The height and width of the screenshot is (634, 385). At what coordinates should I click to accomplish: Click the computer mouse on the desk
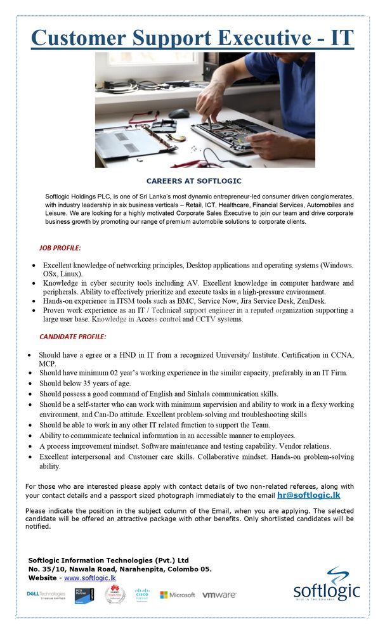(179, 113)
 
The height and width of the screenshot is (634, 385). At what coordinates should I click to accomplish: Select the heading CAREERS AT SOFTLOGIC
(194, 181)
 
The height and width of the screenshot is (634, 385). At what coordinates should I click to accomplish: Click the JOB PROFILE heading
(60, 247)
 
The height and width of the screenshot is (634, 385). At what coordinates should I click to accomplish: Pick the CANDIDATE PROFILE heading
(73, 337)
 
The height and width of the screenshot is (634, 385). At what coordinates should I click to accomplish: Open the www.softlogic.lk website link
(89, 578)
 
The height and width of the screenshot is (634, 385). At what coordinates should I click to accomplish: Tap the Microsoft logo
(178, 595)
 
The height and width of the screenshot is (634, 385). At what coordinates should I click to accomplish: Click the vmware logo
(219, 595)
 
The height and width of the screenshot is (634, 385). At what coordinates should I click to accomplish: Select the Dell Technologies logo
(46, 595)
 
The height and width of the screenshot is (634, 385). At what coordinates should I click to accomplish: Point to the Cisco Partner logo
(142, 595)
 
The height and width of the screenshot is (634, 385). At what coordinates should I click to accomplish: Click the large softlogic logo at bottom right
(326, 587)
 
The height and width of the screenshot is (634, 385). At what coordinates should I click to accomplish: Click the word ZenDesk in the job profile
(311, 301)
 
